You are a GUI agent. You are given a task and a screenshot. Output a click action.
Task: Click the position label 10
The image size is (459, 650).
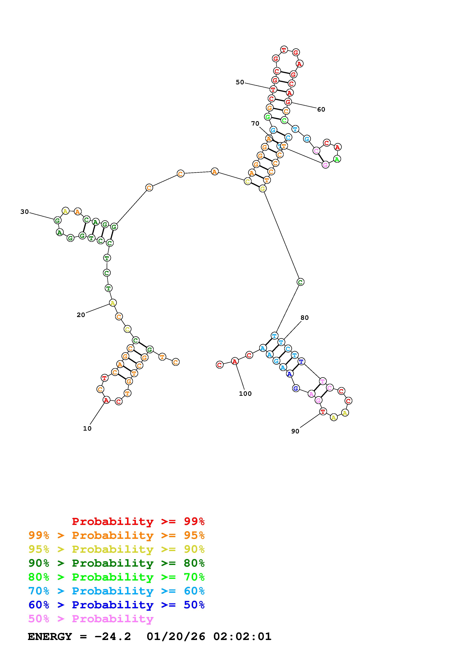point(87,429)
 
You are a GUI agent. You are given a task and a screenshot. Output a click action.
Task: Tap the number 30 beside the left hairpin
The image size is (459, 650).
point(25,212)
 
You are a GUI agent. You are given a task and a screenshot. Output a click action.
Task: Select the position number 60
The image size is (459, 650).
point(321,109)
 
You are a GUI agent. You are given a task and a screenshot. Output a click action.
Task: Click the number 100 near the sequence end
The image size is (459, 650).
point(245,394)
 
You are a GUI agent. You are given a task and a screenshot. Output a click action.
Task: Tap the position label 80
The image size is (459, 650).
point(304,318)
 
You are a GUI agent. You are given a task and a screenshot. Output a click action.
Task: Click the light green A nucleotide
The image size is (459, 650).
point(337,159)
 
